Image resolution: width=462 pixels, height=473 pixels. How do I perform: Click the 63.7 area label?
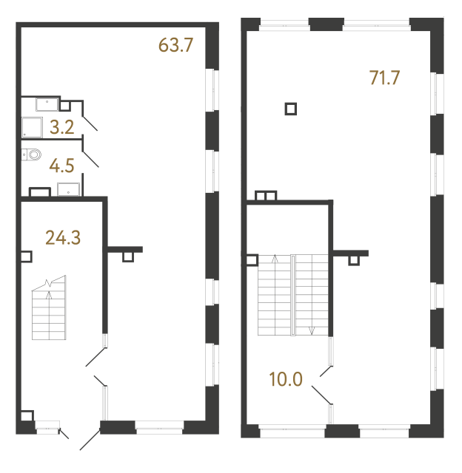click(x=175, y=45)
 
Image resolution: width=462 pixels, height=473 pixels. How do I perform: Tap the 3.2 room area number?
click(x=61, y=128)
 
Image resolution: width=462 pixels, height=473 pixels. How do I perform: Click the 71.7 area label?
click(x=384, y=77)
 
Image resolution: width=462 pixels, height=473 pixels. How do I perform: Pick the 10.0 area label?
click(x=286, y=380)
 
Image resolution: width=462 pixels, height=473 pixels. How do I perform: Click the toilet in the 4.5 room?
click(x=33, y=154)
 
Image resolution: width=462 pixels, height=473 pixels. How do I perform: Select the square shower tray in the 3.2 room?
click(x=32, y=128)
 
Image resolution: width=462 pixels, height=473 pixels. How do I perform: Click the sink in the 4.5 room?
click(x=69, y=188)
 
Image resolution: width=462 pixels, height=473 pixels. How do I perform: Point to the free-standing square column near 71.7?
click(x=291, y=109)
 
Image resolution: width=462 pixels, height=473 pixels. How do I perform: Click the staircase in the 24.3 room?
click(x=48, y=310)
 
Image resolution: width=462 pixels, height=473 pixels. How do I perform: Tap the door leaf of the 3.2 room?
click(x=89, y=123)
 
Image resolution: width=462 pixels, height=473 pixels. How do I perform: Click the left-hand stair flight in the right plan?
click(x=275, y=295)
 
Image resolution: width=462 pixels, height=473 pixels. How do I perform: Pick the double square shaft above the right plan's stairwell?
click(x=265, y=196)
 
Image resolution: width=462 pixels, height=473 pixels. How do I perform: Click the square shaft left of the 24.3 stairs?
click(x=27, y=257)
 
